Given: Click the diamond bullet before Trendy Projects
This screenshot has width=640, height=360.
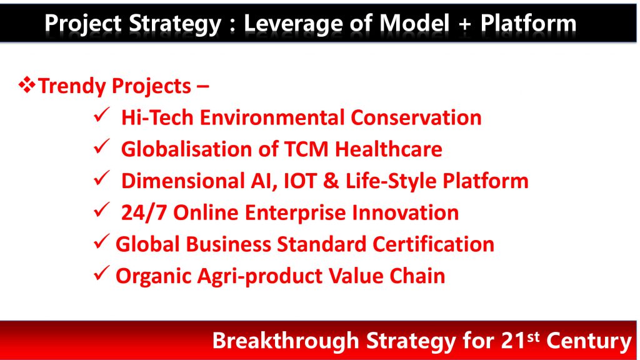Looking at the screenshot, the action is click(x=27, y=85).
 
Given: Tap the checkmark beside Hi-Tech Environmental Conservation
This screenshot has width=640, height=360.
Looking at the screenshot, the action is click(x=101, y=115).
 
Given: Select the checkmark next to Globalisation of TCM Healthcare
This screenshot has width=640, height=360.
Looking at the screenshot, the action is click(x=101, y=146).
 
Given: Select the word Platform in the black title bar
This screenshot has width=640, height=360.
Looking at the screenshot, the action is click(x=528, y=23).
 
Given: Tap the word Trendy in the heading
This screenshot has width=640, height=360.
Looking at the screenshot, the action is click(x=72, y=86).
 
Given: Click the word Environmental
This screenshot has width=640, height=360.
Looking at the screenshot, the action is click(x=272, y=117).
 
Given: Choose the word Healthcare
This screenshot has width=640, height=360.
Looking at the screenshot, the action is click(x=389, y=149).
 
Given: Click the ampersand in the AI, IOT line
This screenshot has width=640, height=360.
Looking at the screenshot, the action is click(x=331, y=181).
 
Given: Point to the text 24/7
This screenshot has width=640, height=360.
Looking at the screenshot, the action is click(x=144, y=212).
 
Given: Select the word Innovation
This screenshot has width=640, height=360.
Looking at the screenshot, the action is click(x=405, y=212).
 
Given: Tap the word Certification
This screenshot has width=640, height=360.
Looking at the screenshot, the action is click(x=434, y=244).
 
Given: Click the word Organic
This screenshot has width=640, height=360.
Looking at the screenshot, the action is click(x=154, y=277).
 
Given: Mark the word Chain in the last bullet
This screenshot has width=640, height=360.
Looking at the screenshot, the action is click(x=417, y=276).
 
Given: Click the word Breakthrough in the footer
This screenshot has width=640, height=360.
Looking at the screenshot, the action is click(x=286, y=341).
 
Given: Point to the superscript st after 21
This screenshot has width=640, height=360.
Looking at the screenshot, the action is click(x=533, y=337).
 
